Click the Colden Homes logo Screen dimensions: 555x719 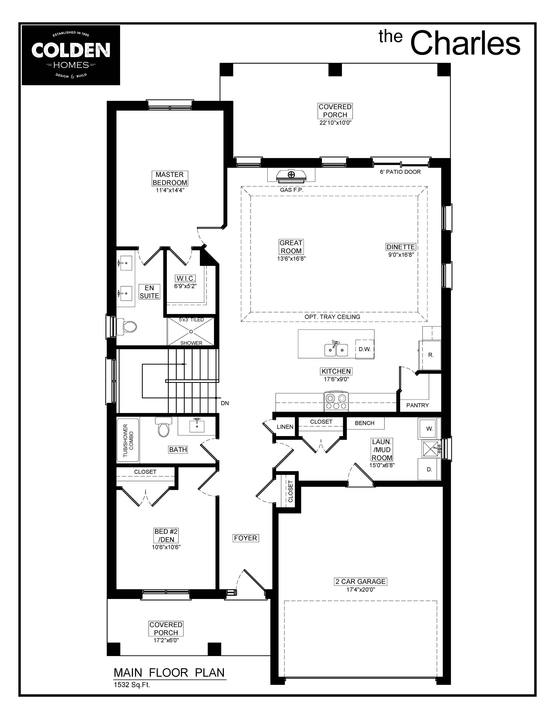[x=71, y=55]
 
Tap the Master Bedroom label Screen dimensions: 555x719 [x=170, y=178]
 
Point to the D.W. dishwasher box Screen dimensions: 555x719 [x=365, y=349]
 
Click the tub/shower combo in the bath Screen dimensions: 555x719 [x=128, y=440]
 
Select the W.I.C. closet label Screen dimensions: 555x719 [x=186, y=278]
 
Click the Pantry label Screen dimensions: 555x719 [x=418, y=405]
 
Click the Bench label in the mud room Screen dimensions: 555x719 [x=365, y=423]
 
